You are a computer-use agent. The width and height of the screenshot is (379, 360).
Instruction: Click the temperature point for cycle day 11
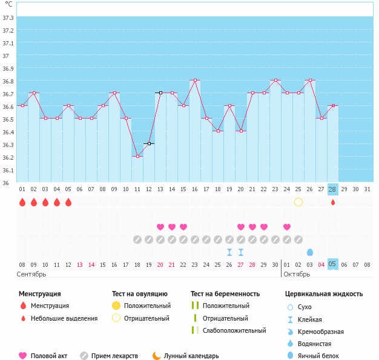click(x=137, y=156)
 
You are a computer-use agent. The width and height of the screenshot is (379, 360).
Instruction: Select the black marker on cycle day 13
click(x=160, y=93)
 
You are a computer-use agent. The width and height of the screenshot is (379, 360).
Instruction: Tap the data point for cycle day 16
click(x=195, y=80)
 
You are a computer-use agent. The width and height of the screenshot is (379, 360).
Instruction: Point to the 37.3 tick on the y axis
click(x=8, y=18)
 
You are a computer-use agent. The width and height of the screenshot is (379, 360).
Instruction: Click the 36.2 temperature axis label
click(x=8, y=157)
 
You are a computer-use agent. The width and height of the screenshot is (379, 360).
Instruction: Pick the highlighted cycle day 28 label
click(x=332, y=189)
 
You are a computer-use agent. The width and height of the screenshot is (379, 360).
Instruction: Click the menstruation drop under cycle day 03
click(x=45, y=202)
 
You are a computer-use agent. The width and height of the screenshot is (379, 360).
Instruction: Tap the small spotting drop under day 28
click(x=333, y=202)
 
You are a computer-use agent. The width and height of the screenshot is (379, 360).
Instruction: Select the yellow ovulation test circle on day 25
click(x=298, y=202)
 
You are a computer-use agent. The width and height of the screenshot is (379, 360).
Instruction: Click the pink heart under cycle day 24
click(x=286, y=227)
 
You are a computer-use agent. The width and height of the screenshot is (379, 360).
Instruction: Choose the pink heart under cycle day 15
click(x=183, y=227)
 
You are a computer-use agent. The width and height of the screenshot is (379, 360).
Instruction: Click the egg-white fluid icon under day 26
click(x=310, y=252)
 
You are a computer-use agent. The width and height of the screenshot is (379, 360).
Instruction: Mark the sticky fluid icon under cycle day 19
click(x=229, y=252)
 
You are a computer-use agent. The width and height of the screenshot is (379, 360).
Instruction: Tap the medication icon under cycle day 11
click(x=137, y=240)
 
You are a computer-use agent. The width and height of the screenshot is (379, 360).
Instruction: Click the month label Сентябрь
click(x=31, y=274)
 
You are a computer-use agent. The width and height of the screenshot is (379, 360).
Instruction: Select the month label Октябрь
click(x=297, y=274)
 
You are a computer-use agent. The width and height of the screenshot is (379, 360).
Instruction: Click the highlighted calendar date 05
click(x=332, y=264)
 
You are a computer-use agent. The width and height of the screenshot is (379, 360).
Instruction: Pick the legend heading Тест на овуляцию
click(x=140, y=294)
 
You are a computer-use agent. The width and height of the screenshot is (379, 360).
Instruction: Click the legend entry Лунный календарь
click(x=191, y=356)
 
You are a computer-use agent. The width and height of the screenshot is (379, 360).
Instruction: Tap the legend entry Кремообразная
click(x=320, y=332)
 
